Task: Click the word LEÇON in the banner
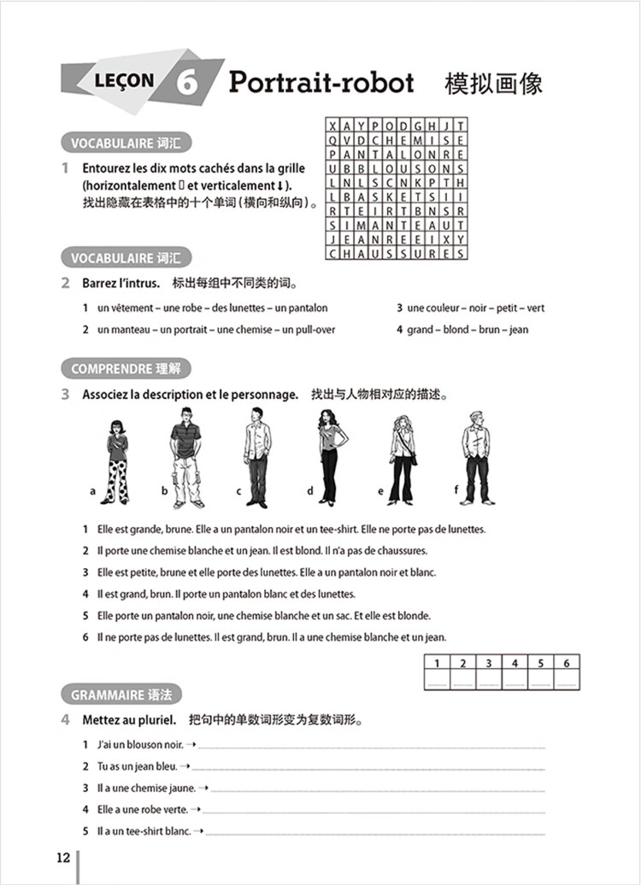pos(126,81)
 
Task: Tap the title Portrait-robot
pos(321,82)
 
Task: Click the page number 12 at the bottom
pos(62,858)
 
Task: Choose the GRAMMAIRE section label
pos(121,695)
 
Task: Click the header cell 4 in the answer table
pos(514,663)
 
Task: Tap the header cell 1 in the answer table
pos(437,663)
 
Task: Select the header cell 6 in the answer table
pos(566,663)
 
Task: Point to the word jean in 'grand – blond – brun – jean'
pos(518,330)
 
